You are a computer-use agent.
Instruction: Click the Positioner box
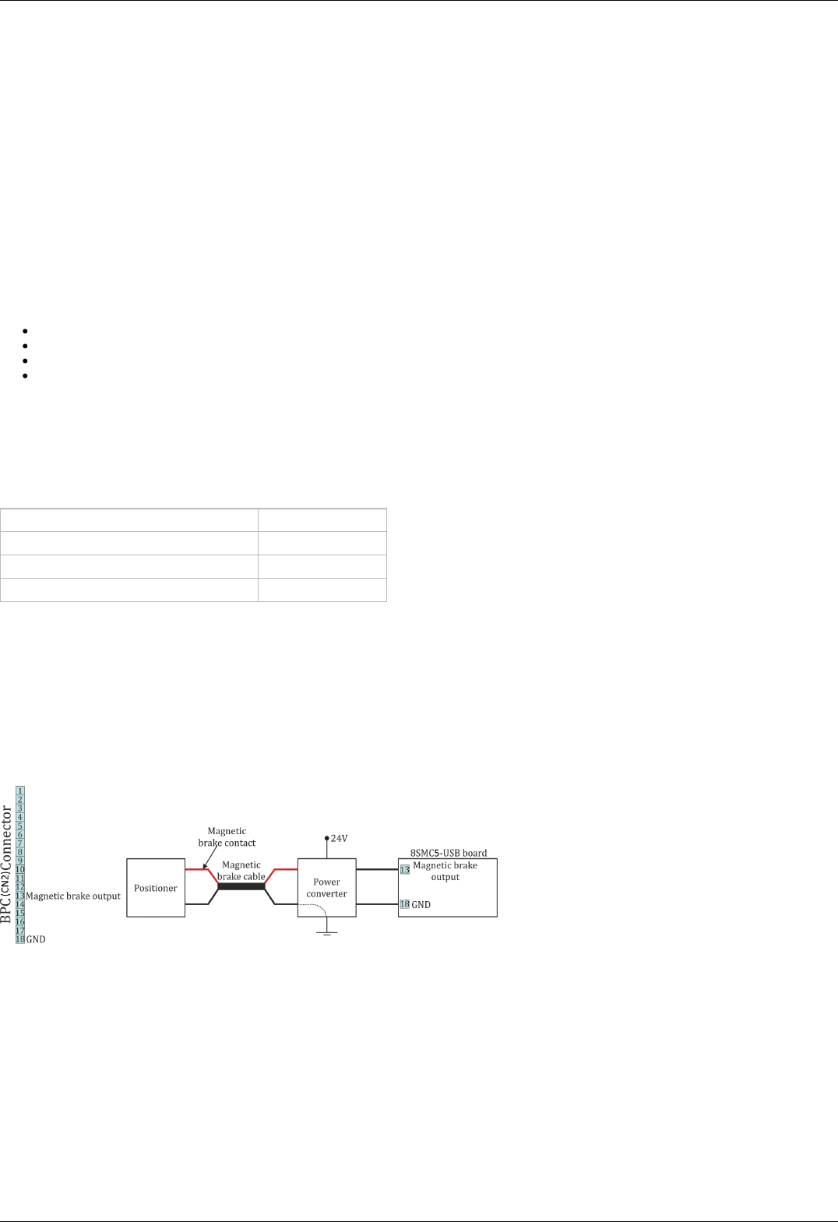tap(156, 888)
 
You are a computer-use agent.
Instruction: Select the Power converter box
tap(326, 888)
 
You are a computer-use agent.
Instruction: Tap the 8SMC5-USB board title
tap(449, 853)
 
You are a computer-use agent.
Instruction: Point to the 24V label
tap(340, 838)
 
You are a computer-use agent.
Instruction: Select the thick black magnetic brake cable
tap(241, 886)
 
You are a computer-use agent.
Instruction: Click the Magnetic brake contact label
tap(227, 837)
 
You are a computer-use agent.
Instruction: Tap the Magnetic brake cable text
tap(241, 871)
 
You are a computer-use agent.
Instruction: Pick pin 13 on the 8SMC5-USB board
tap(405, 869)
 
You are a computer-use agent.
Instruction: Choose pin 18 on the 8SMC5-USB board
tap(405, 904)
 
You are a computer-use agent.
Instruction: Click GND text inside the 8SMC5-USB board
tap(421, 905)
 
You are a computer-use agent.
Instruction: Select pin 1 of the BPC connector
tap(20, 791)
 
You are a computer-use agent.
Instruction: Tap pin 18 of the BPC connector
tap(20, 939)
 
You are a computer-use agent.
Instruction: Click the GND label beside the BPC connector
tap(36, 940)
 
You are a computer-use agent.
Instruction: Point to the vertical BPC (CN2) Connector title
tap(7, 865)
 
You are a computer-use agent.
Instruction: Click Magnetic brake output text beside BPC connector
tap(73, 896)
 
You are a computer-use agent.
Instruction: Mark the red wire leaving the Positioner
tap(197, 869)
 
